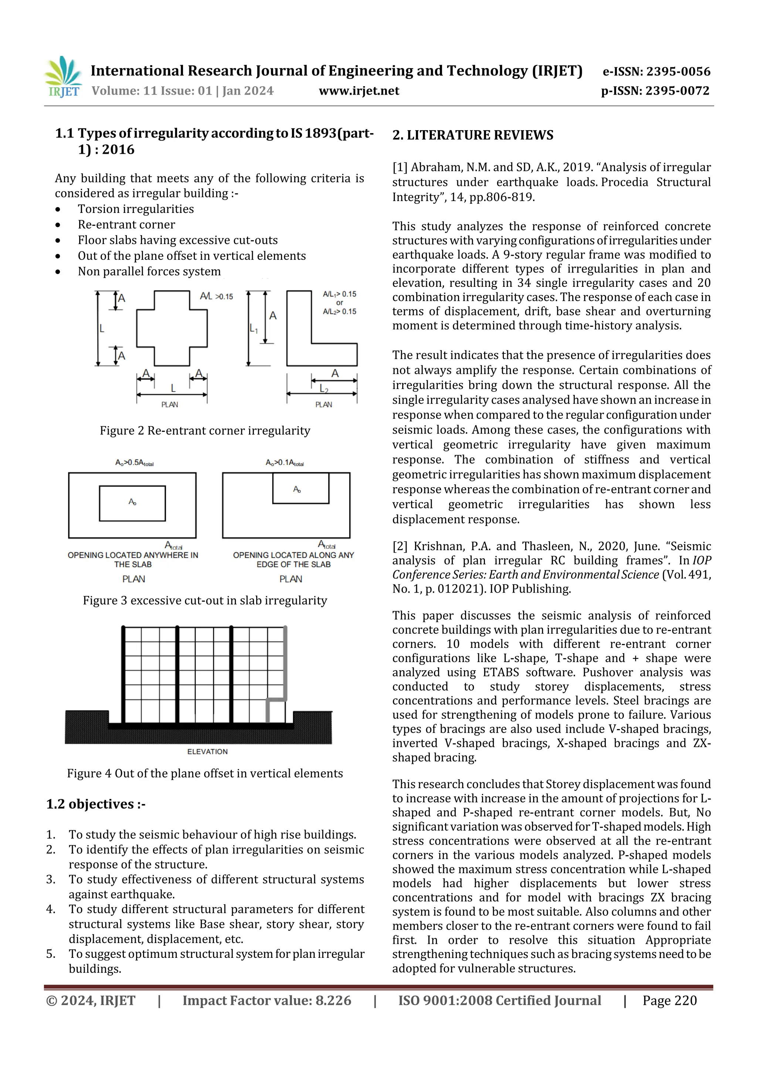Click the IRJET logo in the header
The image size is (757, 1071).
coord(63,77)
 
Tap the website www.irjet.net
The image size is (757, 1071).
coord(359,91)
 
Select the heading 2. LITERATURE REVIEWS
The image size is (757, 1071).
coord(472,135)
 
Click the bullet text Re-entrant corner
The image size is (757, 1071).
coord(126,224)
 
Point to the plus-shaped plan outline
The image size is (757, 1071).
coord(172,328)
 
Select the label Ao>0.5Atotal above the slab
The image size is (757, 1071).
coord(134,463)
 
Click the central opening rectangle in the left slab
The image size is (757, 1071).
coord(132,503)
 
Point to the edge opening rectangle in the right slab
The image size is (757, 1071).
coord(301,488)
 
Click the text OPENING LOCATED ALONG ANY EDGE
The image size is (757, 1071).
coord(293,559)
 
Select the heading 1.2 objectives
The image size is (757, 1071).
coord(96,804)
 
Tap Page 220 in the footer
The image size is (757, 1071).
coord(669,1000)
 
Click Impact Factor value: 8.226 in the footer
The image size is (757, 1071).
coord(267,1000)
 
